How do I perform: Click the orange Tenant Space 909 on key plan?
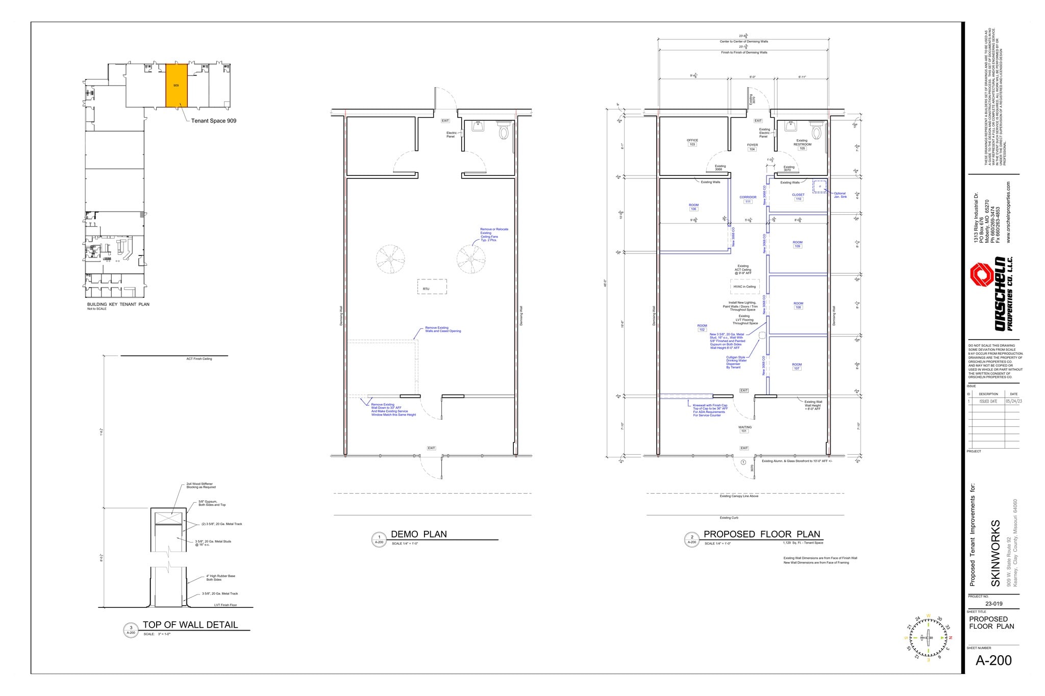pos(176,85)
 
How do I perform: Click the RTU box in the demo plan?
pos(432,287)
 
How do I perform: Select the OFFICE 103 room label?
pos(692,142)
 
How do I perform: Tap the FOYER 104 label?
pos(752,147)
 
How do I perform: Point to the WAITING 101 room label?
pos(744,429)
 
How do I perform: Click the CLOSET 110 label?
pos(798,197)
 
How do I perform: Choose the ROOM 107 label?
pos(797,366)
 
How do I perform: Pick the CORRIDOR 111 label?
pos(748,199)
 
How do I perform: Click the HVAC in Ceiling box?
pos(744,287)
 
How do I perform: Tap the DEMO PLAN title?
pos(418,534)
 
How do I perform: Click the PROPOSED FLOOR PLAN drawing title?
pos(762,534)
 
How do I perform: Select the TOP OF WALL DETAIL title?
pos(190,625)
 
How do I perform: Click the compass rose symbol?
pos(928,638)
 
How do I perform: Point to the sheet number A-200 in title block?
pos(993,660)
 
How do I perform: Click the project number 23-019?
pos(993,604)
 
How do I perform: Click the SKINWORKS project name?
pos(995,553)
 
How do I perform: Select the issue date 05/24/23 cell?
pos(1013,401)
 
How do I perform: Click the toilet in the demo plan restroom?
pos(504,131)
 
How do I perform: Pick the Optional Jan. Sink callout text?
pos(840,195)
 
